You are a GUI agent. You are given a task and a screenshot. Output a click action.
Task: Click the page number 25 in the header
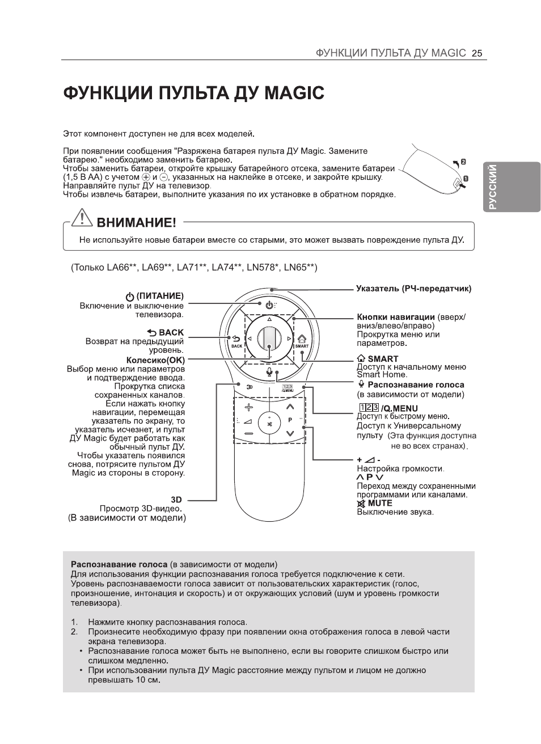coord(476,53)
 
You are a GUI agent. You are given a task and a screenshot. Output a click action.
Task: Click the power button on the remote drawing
coord(269,305)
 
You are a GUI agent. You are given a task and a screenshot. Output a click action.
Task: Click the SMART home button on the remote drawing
coord(302,339)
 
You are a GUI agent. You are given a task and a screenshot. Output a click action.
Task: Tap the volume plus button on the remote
coord(248,408)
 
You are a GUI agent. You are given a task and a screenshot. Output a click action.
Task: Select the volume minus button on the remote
coord(248,434)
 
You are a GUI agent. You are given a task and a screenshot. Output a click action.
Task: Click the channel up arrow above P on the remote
coord(290,407)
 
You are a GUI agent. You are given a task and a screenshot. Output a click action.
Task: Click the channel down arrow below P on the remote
coord(290,434)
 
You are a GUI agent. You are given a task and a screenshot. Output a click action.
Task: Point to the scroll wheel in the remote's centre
coord(269,339)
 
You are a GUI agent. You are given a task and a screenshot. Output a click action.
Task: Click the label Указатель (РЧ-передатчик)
coord(413,289)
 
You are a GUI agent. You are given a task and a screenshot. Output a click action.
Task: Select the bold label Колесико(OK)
coord(155,360)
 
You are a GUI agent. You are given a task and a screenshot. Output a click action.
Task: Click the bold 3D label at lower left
coord(176,500)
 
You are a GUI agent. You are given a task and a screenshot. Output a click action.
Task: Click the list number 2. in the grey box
coord(74,631)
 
